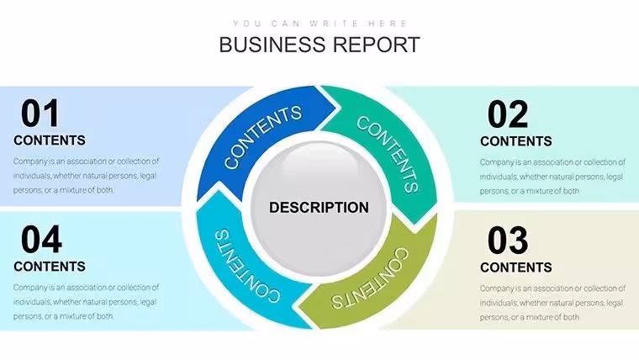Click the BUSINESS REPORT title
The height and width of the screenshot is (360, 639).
point(319,45)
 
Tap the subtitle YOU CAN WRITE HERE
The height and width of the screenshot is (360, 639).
point(319,24)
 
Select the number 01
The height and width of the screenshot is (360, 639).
point(40,114)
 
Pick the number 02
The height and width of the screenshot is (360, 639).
point(508,114)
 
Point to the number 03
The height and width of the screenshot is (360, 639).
point(508,241)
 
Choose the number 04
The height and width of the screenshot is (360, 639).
point(41,240)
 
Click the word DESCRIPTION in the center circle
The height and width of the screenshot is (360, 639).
point(319,208)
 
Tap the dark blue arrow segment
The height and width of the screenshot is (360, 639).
point(261,135)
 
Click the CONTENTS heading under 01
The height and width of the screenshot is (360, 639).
point(50,140)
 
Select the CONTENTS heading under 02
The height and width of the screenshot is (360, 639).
point(516,141)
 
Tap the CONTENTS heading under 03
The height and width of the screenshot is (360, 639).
point(516,267)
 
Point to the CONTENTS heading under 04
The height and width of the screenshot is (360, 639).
point(50,267)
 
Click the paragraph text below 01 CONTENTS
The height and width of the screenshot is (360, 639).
point(86,176)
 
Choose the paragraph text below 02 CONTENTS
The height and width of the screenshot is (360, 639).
point(552,177)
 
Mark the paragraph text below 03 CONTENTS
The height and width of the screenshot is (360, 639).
point(552,303)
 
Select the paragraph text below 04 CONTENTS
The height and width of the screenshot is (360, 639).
point(86,302)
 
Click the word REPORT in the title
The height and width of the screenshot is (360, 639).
point(376,45)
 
